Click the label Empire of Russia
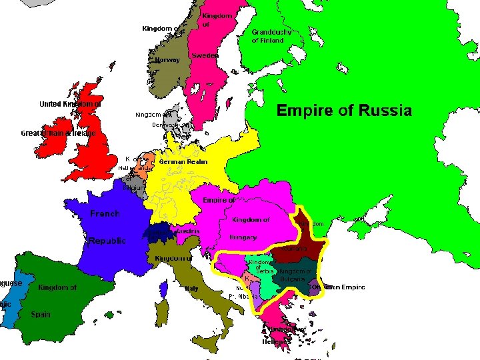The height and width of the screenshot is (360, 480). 344,111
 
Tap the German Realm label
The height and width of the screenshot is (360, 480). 183,162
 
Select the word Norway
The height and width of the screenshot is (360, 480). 167,60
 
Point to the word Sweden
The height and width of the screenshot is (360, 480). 205,56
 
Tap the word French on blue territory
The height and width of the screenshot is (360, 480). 105,214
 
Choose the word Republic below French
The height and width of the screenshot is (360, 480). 107,241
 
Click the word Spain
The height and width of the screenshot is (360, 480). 40,315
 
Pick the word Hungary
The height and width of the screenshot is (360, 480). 243,237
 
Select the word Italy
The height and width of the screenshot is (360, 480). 191,289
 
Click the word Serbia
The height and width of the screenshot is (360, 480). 265,273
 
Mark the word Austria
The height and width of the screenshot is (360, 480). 187,231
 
